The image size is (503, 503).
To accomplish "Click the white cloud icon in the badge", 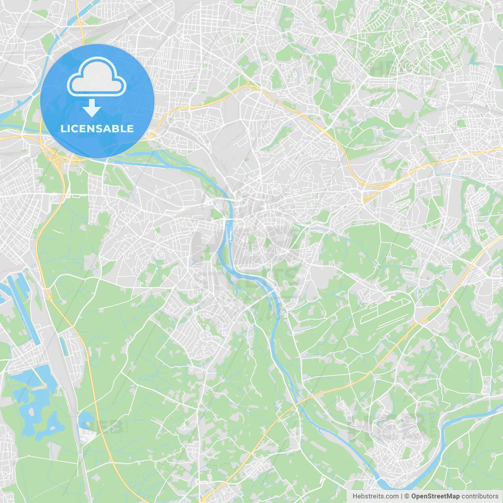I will tap(97, 77).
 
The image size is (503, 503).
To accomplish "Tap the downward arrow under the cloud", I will tap(92, 108).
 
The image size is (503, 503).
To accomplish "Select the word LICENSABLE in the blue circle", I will tap(97, 129).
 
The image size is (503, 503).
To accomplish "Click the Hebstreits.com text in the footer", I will tap(375, 496).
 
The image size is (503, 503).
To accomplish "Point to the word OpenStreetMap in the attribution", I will tap(435, 496).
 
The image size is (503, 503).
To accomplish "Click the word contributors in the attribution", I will tap(480, 496).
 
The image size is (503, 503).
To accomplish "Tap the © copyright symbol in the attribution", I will tap(407, 496).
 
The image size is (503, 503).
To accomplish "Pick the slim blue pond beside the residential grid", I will tap(63, 346).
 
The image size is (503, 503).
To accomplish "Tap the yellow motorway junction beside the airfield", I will tap(415, 324).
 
